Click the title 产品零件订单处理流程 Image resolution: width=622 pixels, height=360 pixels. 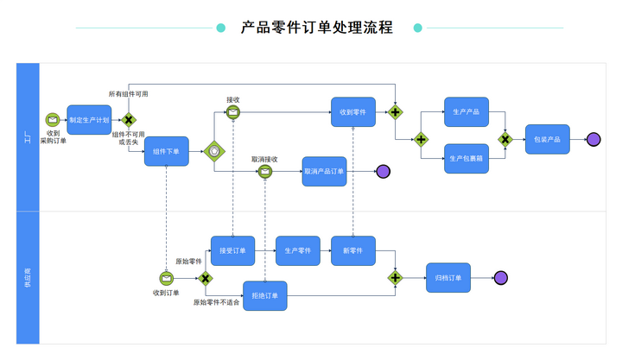pyautogui.click(x=317, y=28)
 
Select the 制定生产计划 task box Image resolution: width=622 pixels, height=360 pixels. pyautogui.click(x=89, y=120)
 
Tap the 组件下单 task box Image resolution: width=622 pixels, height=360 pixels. pyautogui.click(x=166, y=152)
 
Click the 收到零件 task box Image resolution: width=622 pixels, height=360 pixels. pyautogui.click(x=352, y=112)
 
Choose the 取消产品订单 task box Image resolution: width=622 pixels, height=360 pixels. pyautogui.click(x=324, y=171)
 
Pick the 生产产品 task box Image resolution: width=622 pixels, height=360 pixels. pyautogui.click(x=466, y=112)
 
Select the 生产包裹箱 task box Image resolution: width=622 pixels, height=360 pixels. pyautogui.click(x=466, y=158)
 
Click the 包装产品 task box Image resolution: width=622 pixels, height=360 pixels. pyautogui.click(x=547, y=139)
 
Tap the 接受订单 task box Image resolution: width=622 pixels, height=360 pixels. pyautogui.click(x=232, y=250)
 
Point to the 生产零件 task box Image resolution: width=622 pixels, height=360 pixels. pyautogui.click(x=298, y=250)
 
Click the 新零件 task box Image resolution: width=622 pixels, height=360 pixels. pyautogui.click(x=352, y=250)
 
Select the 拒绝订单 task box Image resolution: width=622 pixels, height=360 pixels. pyautogui.click(x=264, y=296)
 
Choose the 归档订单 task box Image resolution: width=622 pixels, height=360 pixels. pyautogui.click(x=447, y=278)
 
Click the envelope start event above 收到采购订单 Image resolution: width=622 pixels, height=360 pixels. pyautogui.click(x=53, y=120)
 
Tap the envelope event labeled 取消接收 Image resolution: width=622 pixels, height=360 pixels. pyautogui.click(x=264, y=171)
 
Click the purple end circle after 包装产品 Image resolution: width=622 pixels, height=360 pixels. pyautogui.click(x=593, y=139)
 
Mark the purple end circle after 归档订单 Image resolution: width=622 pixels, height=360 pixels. pyautogui.click(x=500, y=278)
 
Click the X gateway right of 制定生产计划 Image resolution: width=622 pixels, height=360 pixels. pyautogui.click(x=128, y=120)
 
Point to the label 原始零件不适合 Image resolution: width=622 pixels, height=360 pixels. pyautogui.click(x=216, y=303)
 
